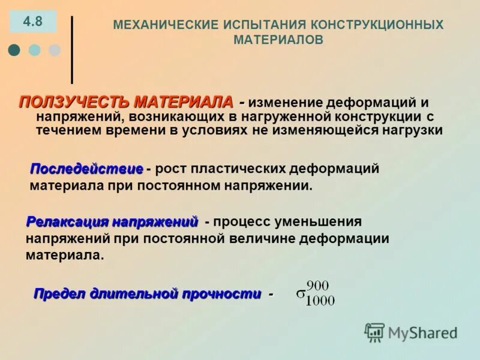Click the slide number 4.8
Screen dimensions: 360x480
(33, 22)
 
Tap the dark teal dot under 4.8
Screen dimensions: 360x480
(14, 50)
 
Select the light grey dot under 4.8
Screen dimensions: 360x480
(55, 50)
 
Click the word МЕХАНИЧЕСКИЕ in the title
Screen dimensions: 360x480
(158, 25)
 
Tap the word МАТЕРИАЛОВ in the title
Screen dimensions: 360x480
(278, 40)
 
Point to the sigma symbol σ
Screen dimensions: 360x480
(300, 295)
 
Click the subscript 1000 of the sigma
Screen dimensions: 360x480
(320, 301)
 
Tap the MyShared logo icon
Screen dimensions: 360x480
(374, 332)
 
